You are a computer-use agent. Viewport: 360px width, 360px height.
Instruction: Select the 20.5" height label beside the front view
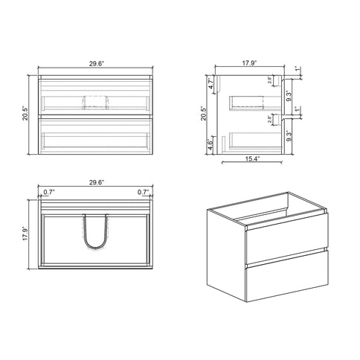(x=26, y=115)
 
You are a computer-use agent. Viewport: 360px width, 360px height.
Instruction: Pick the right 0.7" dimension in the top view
(x=143, y=191)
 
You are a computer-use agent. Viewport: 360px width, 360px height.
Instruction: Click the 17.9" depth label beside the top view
(x=27, y=234)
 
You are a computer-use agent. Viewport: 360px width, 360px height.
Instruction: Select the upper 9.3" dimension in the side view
(x=289, y=96)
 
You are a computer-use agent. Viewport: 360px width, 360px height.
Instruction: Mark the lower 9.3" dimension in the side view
(x=289, y=137)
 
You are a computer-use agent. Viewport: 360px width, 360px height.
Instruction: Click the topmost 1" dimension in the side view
(x=297, y=69)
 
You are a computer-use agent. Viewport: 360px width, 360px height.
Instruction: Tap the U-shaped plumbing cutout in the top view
(x=94, y=232)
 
